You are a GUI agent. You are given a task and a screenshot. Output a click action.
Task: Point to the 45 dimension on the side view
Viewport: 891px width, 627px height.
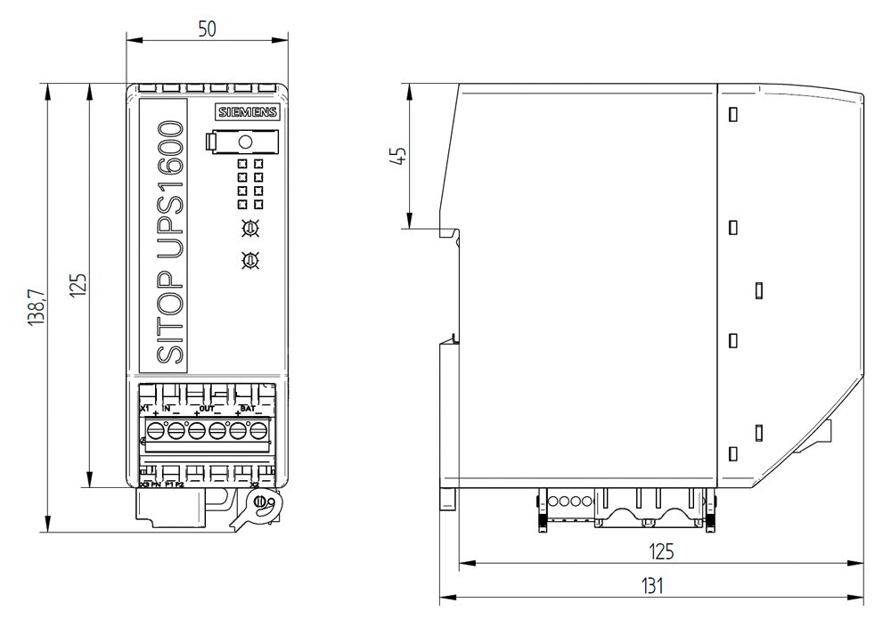click(399, 155)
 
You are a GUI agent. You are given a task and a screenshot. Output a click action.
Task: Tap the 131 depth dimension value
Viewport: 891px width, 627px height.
click(653, 586)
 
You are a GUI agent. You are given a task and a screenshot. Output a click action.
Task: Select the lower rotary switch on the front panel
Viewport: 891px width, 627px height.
click(251, 260)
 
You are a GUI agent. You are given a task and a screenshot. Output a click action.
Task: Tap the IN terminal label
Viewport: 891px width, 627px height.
click(166, 408)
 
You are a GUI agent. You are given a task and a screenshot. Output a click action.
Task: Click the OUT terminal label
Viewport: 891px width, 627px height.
click(207, 408)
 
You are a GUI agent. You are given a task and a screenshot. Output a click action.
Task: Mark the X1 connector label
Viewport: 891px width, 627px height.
click(145, 408)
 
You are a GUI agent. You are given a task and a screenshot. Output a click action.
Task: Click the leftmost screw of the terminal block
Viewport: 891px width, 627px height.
click(155, 431)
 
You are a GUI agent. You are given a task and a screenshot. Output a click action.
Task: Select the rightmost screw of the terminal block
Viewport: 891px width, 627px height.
click(258, 431)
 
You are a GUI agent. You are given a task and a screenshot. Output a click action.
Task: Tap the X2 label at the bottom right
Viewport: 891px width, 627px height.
click(255, 484)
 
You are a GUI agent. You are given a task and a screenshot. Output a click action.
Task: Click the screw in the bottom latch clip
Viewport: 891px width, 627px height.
click(260, 503)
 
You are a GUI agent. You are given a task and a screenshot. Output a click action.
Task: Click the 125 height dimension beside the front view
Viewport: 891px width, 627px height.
click(78, 285)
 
